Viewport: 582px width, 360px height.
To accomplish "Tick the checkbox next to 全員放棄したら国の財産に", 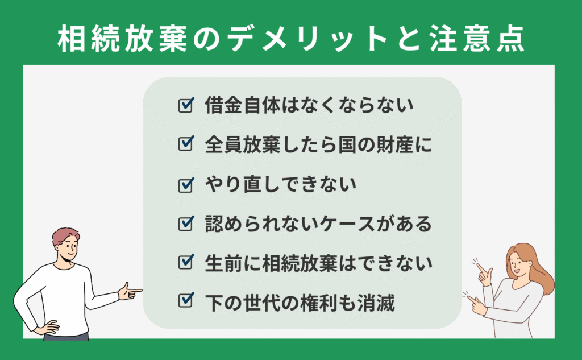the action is click(x=186, y=143).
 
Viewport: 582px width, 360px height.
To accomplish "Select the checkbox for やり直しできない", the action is click(x=186, y=185).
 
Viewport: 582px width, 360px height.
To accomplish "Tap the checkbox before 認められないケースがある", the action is click(x=186, y=224).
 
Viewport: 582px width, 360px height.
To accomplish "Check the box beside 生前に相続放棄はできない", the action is click(x=186, y=262).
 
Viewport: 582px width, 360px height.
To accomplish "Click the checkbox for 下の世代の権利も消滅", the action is click(x=186, y=300).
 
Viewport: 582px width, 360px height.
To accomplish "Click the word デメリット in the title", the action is click(x=308, y=39).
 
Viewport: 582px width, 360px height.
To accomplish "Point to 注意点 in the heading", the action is click(x=477, y=39).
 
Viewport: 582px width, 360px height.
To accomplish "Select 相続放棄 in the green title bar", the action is click(x=123, y=39).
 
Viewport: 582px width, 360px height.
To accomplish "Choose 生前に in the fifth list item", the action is click(x=233, y=263).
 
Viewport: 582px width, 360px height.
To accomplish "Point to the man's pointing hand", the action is click(x=130, y=291).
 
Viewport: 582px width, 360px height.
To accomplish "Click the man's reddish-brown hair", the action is click(x=65, y=235).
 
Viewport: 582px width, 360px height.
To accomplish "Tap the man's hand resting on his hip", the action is click(x=47, y=328).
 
